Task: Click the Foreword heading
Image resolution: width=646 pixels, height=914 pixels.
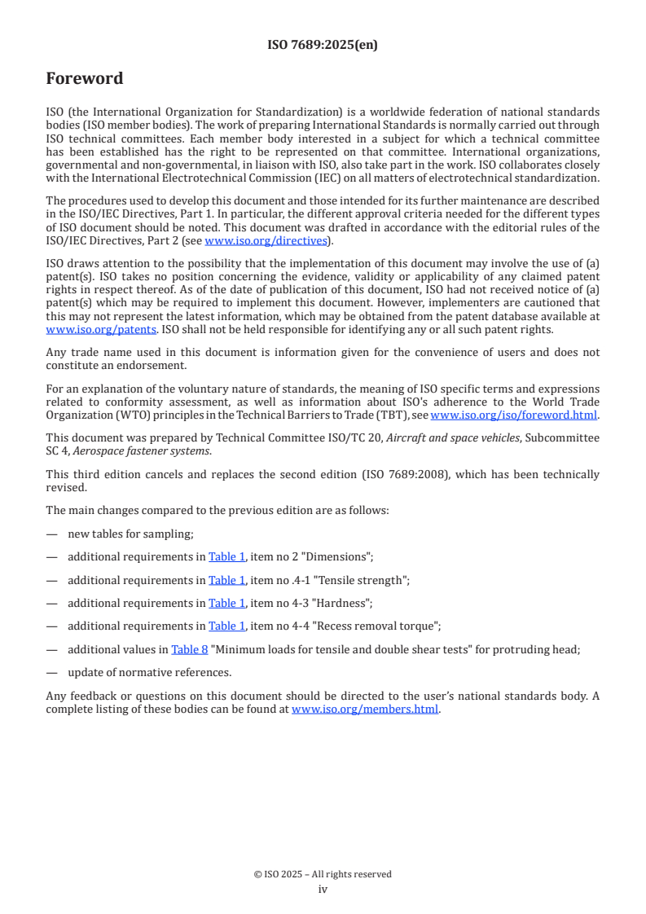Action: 85,79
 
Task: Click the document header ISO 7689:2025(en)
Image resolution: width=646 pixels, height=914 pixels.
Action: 323,46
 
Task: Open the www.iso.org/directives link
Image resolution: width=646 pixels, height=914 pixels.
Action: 269,240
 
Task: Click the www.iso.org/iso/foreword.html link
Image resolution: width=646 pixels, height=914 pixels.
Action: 514,415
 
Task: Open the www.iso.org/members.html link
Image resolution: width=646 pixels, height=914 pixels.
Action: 365,708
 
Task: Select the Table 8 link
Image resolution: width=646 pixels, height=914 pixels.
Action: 189,649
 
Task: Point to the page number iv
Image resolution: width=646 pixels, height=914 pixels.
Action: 323,889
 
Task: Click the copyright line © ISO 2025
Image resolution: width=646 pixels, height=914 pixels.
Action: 323,874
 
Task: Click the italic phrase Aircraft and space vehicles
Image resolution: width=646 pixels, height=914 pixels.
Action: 453,437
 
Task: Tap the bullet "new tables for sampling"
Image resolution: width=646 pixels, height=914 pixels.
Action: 130,534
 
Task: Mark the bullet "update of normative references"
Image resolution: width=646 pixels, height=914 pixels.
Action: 149,672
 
